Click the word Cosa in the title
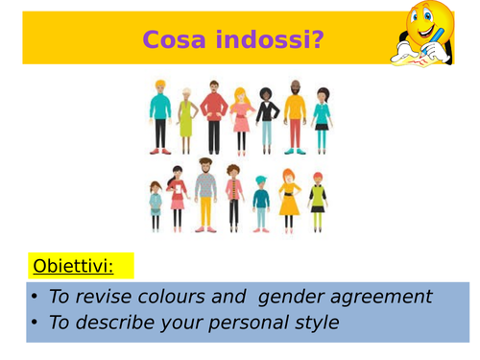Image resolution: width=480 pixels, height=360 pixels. [172, 39]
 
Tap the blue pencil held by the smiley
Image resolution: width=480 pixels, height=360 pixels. [436, 39]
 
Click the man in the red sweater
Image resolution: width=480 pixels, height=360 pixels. [213, 115]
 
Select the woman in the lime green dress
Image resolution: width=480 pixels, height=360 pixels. [184, 120]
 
